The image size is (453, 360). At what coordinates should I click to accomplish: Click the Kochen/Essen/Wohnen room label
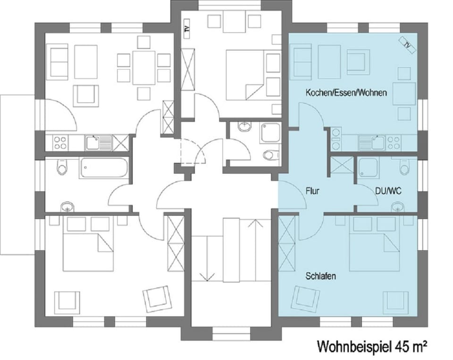[x=346, y=93]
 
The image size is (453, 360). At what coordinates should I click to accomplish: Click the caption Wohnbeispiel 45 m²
[x=372, y=347]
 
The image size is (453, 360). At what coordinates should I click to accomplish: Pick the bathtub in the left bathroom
[x=104, y=168]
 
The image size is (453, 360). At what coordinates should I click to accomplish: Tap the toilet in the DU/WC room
[x=404, y=167]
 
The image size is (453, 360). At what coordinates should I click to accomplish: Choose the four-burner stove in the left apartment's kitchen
[x=60, y=142]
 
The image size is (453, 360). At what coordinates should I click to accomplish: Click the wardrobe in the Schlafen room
[x=287, y=243]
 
